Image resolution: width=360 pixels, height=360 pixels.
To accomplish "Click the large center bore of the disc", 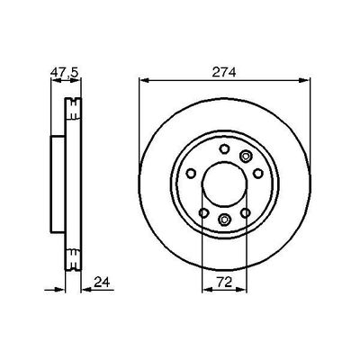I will [x=224, y=183].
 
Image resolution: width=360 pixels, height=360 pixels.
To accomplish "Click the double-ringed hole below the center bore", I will [x=224, y=221].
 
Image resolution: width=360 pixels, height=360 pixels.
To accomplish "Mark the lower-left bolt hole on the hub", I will [x=203, y=212].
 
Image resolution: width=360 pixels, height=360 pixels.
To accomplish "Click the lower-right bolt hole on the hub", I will [x=246, y=212].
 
